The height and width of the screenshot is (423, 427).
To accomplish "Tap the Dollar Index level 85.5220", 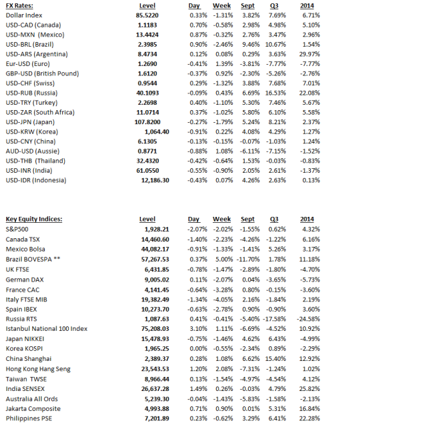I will click(146, 15).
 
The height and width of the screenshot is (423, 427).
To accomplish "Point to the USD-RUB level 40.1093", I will click(146, 93).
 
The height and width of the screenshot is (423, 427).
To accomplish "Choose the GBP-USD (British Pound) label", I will click(42, 73).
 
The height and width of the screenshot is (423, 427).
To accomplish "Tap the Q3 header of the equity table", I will click(274, 219).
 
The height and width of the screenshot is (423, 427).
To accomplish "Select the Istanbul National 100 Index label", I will click(47, 328).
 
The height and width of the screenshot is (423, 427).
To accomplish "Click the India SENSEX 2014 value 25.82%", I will click(309, 389).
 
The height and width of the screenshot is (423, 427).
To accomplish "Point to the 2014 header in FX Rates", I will click(308, 5).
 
